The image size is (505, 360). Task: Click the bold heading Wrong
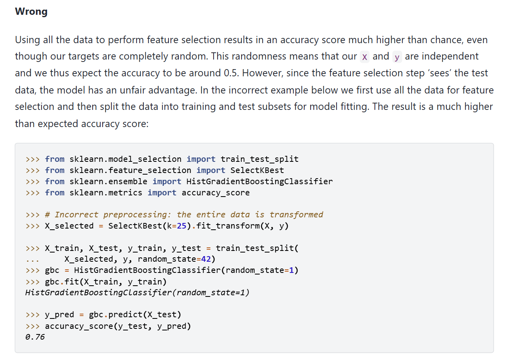(31, 12)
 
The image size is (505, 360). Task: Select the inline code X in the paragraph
(364, 57)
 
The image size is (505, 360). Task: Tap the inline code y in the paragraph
(397, 57)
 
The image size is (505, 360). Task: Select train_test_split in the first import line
(259, 159)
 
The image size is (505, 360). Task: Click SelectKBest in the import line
(257, 170)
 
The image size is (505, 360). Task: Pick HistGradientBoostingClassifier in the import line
(259, 181)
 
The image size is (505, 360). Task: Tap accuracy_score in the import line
(216, 193)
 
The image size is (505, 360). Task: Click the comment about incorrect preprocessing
(189, 215)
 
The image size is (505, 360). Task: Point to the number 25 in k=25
(182, 226)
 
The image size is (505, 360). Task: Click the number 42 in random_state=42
(206, 259)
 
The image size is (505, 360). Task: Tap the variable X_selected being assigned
(69, 226)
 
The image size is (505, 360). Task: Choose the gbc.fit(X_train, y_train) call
(106, 281)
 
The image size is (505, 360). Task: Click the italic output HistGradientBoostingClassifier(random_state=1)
(137, 292)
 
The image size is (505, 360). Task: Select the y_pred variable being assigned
(59, 314)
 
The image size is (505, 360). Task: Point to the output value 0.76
(35, 337)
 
